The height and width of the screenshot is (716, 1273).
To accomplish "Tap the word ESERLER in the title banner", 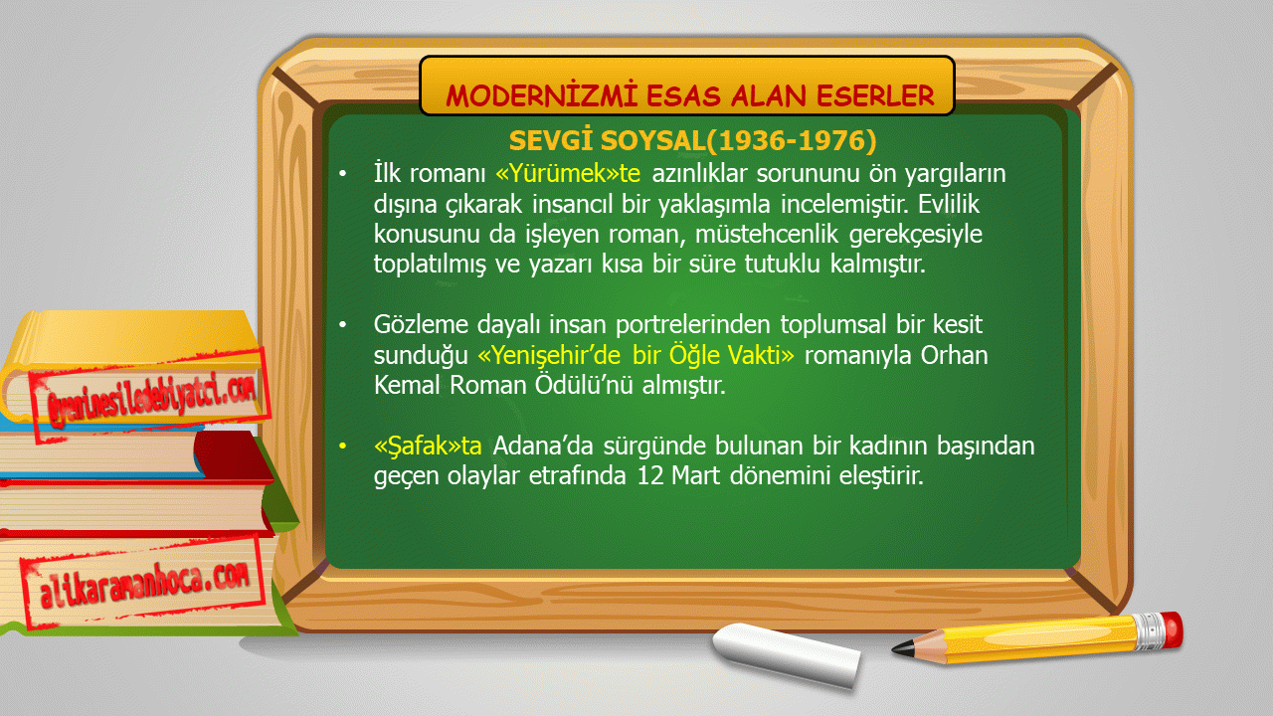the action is tap(876, 95).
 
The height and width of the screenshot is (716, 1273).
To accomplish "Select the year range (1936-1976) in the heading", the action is tap(792, 140).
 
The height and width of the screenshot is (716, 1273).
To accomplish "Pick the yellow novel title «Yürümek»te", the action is tap(568, 173).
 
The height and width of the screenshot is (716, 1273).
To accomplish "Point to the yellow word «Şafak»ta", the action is tap(428, 446).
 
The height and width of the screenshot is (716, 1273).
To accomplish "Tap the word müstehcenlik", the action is tap(767, 234).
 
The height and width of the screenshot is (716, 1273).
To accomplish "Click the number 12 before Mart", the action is tap(650, 475).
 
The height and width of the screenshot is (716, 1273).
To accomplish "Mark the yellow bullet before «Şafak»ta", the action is tap(342, 447).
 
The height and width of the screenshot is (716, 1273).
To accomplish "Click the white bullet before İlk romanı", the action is tap(342, 174).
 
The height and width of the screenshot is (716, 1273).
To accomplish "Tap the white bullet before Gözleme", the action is tap(342, 325).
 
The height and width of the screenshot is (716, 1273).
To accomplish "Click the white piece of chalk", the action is tap(787, 654).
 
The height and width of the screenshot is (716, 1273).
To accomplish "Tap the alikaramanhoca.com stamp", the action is tap(144, 583).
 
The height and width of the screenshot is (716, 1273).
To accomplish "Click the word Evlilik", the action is tap(949, 204).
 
